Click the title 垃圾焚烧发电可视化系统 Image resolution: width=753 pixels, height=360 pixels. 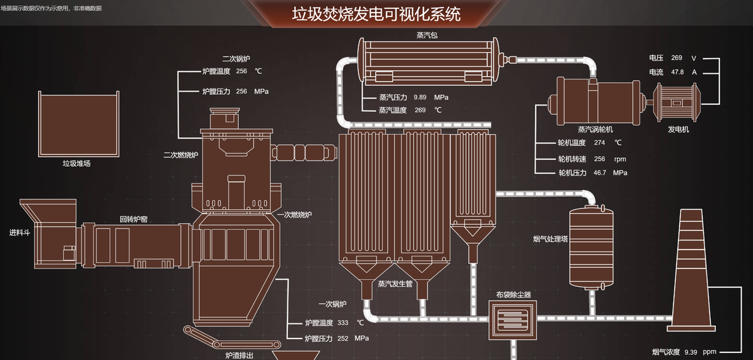(376, 14)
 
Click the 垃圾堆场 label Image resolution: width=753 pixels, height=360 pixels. (76, 164)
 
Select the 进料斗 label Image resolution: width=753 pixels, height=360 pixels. (20, 232)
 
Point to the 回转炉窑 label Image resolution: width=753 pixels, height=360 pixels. (134, 220)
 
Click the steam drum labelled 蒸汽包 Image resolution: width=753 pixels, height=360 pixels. (430, 62)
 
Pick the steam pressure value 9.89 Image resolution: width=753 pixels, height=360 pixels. (420, 97)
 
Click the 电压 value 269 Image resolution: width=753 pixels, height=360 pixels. (677, 57)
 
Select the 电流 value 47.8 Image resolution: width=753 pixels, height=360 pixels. (677, 72)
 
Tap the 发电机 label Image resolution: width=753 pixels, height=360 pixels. (678, 129)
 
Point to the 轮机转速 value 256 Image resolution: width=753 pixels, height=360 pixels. (599, 159)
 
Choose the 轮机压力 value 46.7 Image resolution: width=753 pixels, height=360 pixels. (599, 172)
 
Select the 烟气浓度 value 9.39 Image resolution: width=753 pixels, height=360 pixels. (690, 352)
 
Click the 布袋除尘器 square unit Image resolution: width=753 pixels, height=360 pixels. (514, 319)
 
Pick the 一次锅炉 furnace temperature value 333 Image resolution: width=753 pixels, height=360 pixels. (343, 323)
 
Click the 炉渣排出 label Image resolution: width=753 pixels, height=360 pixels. (239, 356)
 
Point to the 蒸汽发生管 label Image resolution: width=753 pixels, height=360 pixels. (395, 284)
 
